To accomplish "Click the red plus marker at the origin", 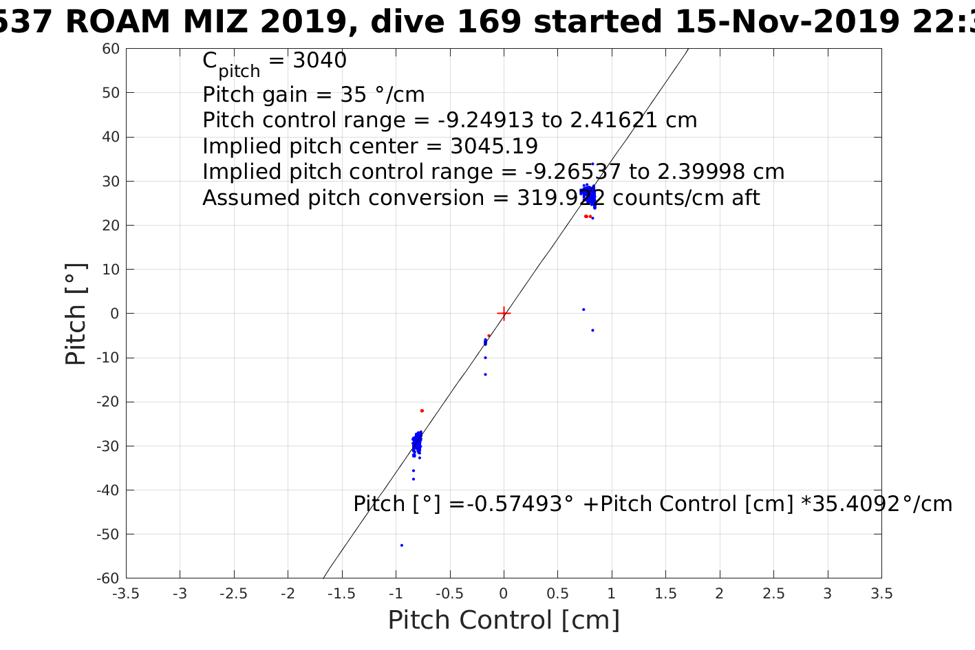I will pyautogui.click(x=504, y=314).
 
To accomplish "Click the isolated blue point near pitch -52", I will pyautogui.click(x=401, y=545).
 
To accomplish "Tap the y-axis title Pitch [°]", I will pyautogui.click(x=76, y=314).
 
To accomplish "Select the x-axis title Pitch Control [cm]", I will pyautogui.click(x=504, y=620).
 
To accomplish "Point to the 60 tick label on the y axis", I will pyautogui.click(x=111, y=49).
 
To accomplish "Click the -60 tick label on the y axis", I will pyautogui.click(x=109, y=578).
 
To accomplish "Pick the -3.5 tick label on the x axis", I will pyautogui.click(x=125, y=594).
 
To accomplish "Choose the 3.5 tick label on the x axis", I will pyautogui.click(x=881, y=594).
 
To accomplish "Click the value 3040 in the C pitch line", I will pyautogui.click(x=320, y=61).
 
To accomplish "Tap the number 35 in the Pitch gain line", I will pyautogui.click(x=334, y=94).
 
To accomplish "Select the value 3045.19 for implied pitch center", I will pyautogui.click(x=494, y=147).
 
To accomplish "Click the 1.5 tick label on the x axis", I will pyautogui.click(x=665, y=594).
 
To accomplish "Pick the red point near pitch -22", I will pyautogui.click(x=422, y=411).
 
